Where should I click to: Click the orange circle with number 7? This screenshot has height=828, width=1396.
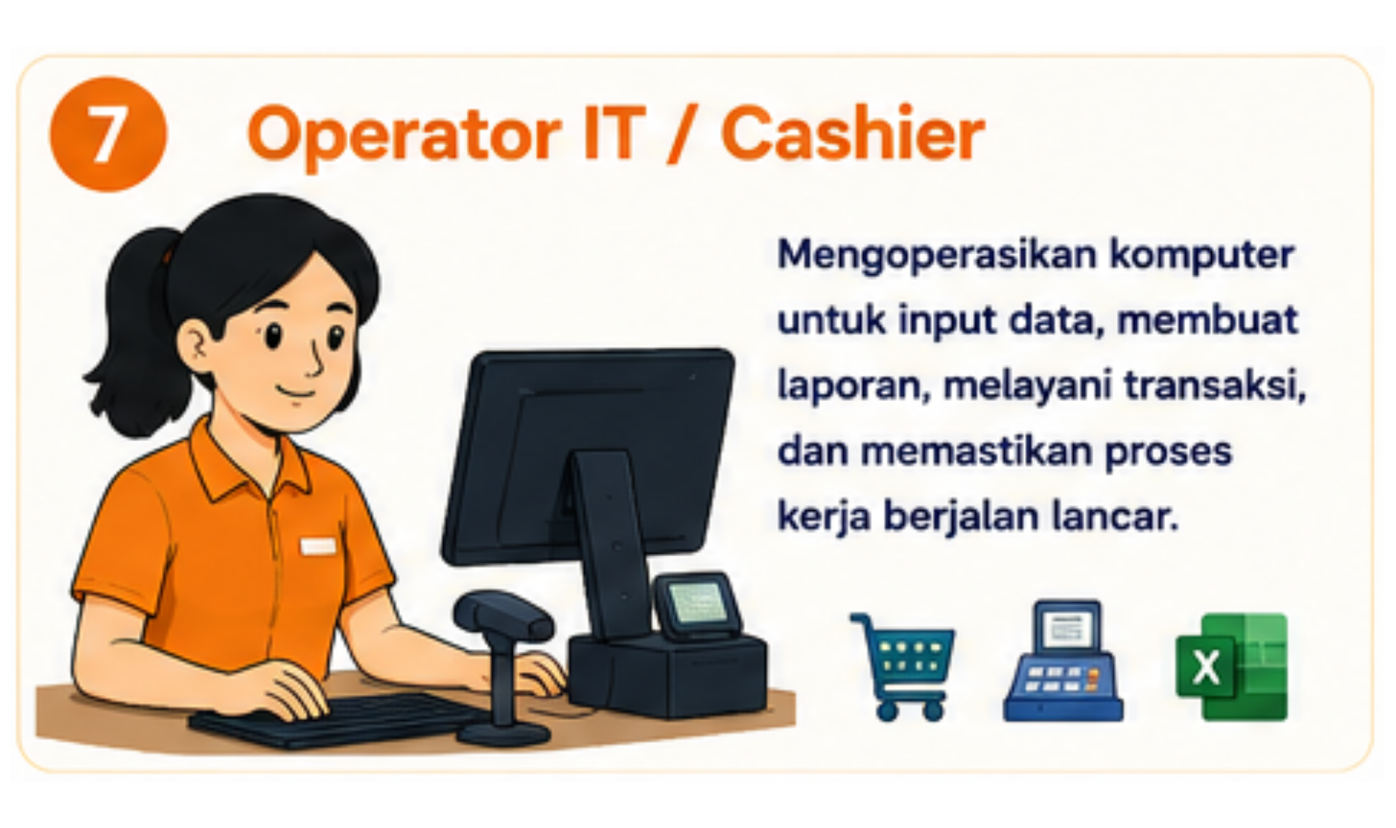tap(107, 134)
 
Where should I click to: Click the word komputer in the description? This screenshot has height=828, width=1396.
tap(1202, 255)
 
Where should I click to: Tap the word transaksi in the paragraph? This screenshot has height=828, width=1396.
tap(1215, 384)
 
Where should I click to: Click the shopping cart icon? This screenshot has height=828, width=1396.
tap(903, 666)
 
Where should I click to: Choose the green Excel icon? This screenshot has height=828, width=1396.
tap(1232, 666)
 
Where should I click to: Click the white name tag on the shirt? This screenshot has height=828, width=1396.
tap(318, 546)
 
